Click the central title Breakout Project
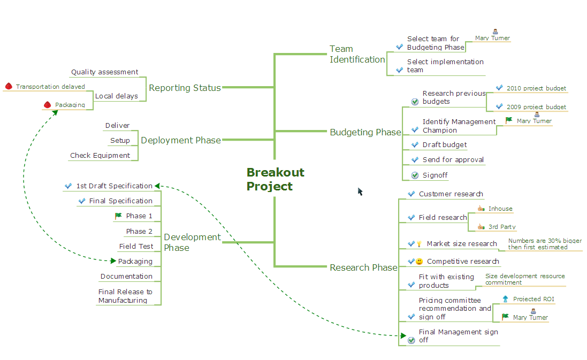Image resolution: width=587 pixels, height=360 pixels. pyautogui.click(x=275, y=179)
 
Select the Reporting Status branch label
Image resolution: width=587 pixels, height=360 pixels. pyautogui.click(x=185, y=88)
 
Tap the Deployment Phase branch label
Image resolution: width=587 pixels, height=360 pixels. pyautogui.click(x=180, y=140)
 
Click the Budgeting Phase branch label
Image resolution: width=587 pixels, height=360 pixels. pyautogui.click(x=365, y=132)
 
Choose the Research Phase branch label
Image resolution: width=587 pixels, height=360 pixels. pyautogui.click(x=363, y=267)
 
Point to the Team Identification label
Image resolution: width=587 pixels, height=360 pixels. pyautogui.click(x=357, y=55)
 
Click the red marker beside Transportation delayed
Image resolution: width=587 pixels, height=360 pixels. pyautogui.click(x=9, y=87)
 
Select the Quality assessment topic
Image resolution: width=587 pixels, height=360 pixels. pyautogui.click(x=104, y=72)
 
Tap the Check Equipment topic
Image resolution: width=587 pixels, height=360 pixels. pyautogui.click(x=100, y=156)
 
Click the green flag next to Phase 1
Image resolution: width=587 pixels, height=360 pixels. pyautogui.click(x=118, y=216)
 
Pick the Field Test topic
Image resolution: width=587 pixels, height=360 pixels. pyautogui.click(x=136, y=247)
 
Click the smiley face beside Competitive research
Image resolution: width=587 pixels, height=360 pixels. pyautogui.click(x=420, y=262)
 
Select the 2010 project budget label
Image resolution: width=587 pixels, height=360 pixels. pyautogui.click(x=536, y=88)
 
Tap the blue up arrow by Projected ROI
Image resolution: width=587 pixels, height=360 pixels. pyautogui.click(x=505, y=299)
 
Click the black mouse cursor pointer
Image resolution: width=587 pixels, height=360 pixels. pyautogui.click(x=360, y=191)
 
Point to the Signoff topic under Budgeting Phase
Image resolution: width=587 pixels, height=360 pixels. pyautogui.click(x=434, y=175)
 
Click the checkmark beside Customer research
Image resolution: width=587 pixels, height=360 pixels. pyautogui.click(x=411, y=194)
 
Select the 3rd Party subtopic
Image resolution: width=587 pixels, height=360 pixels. pyautogui.click(x=502, y=227)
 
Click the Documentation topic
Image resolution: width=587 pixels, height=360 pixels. pyautogui.click(x=126, y=277)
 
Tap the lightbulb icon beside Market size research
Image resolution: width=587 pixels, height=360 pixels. pyautogui.click(x=420, y=244)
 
